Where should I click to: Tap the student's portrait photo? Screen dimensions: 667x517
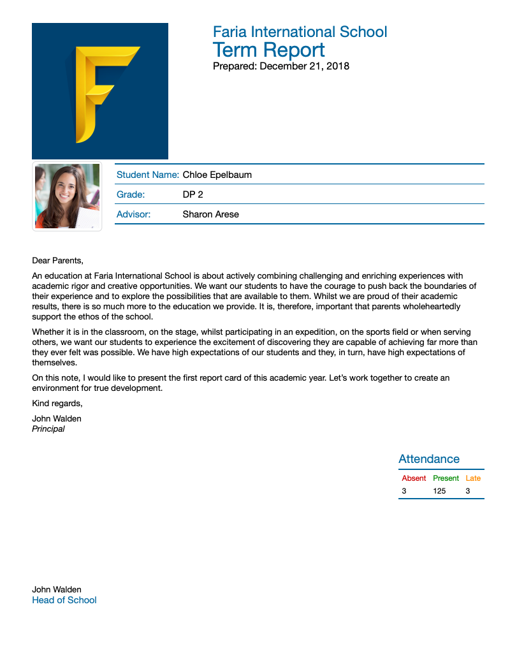point(68,196)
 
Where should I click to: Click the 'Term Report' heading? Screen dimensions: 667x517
point(268,50)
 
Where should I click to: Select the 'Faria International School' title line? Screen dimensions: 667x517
point(300,32)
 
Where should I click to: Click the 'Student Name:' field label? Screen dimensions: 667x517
point(147,175)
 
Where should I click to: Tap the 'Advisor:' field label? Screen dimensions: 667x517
point(133,214)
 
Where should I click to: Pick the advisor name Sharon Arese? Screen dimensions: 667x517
point(210,214)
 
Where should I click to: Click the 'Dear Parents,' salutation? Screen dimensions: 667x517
point(57,260)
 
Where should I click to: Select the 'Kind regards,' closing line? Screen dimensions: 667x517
point(57,403)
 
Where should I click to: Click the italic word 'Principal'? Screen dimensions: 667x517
point(48,429)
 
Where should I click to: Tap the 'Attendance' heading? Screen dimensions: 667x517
point(428,459)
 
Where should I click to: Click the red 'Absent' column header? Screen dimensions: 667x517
point(414,478)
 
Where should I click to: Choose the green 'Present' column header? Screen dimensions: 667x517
point(446,478)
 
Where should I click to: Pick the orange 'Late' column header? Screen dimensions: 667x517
point(473,478)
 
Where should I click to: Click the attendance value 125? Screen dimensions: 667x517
point(439,491)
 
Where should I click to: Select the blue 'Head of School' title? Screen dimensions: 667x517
point(64,600)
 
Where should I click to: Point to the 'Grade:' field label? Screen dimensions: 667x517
point(130,194)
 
